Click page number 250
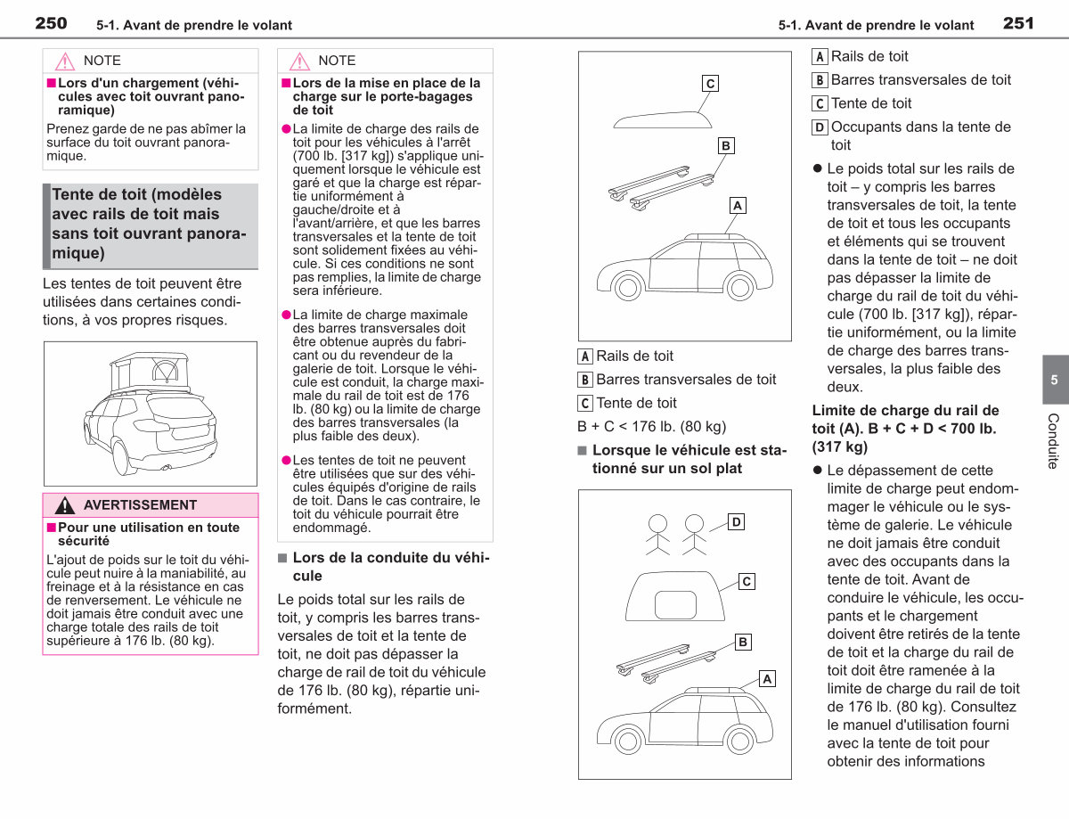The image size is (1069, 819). (51, 23)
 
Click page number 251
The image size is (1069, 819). (1018, 23)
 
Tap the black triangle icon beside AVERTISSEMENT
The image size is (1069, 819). (65, 505)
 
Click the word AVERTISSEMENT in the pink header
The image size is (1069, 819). (140, 505)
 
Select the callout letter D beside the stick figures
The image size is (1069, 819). (736, 522)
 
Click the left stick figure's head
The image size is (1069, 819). (657, 523)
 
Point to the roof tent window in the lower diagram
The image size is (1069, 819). (675, 604)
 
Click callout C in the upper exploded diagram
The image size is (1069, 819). (710, 84)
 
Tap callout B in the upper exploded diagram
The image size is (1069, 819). (726, 146)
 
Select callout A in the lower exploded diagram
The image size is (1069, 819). (767, 679)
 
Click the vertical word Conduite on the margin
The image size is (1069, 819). (1054, 441)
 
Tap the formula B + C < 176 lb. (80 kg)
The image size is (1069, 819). (652, 427)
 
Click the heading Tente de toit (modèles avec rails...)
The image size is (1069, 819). (150, 224)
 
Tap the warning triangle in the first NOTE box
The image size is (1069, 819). (65, 61)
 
